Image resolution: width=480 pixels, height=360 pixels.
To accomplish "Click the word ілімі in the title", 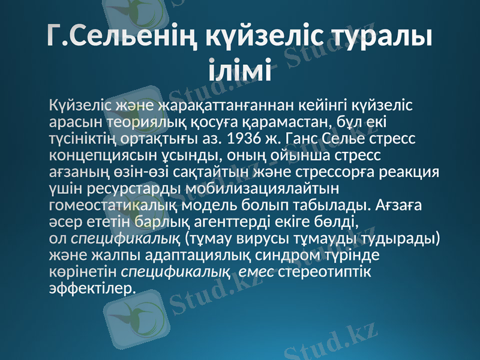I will click(240, 69).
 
